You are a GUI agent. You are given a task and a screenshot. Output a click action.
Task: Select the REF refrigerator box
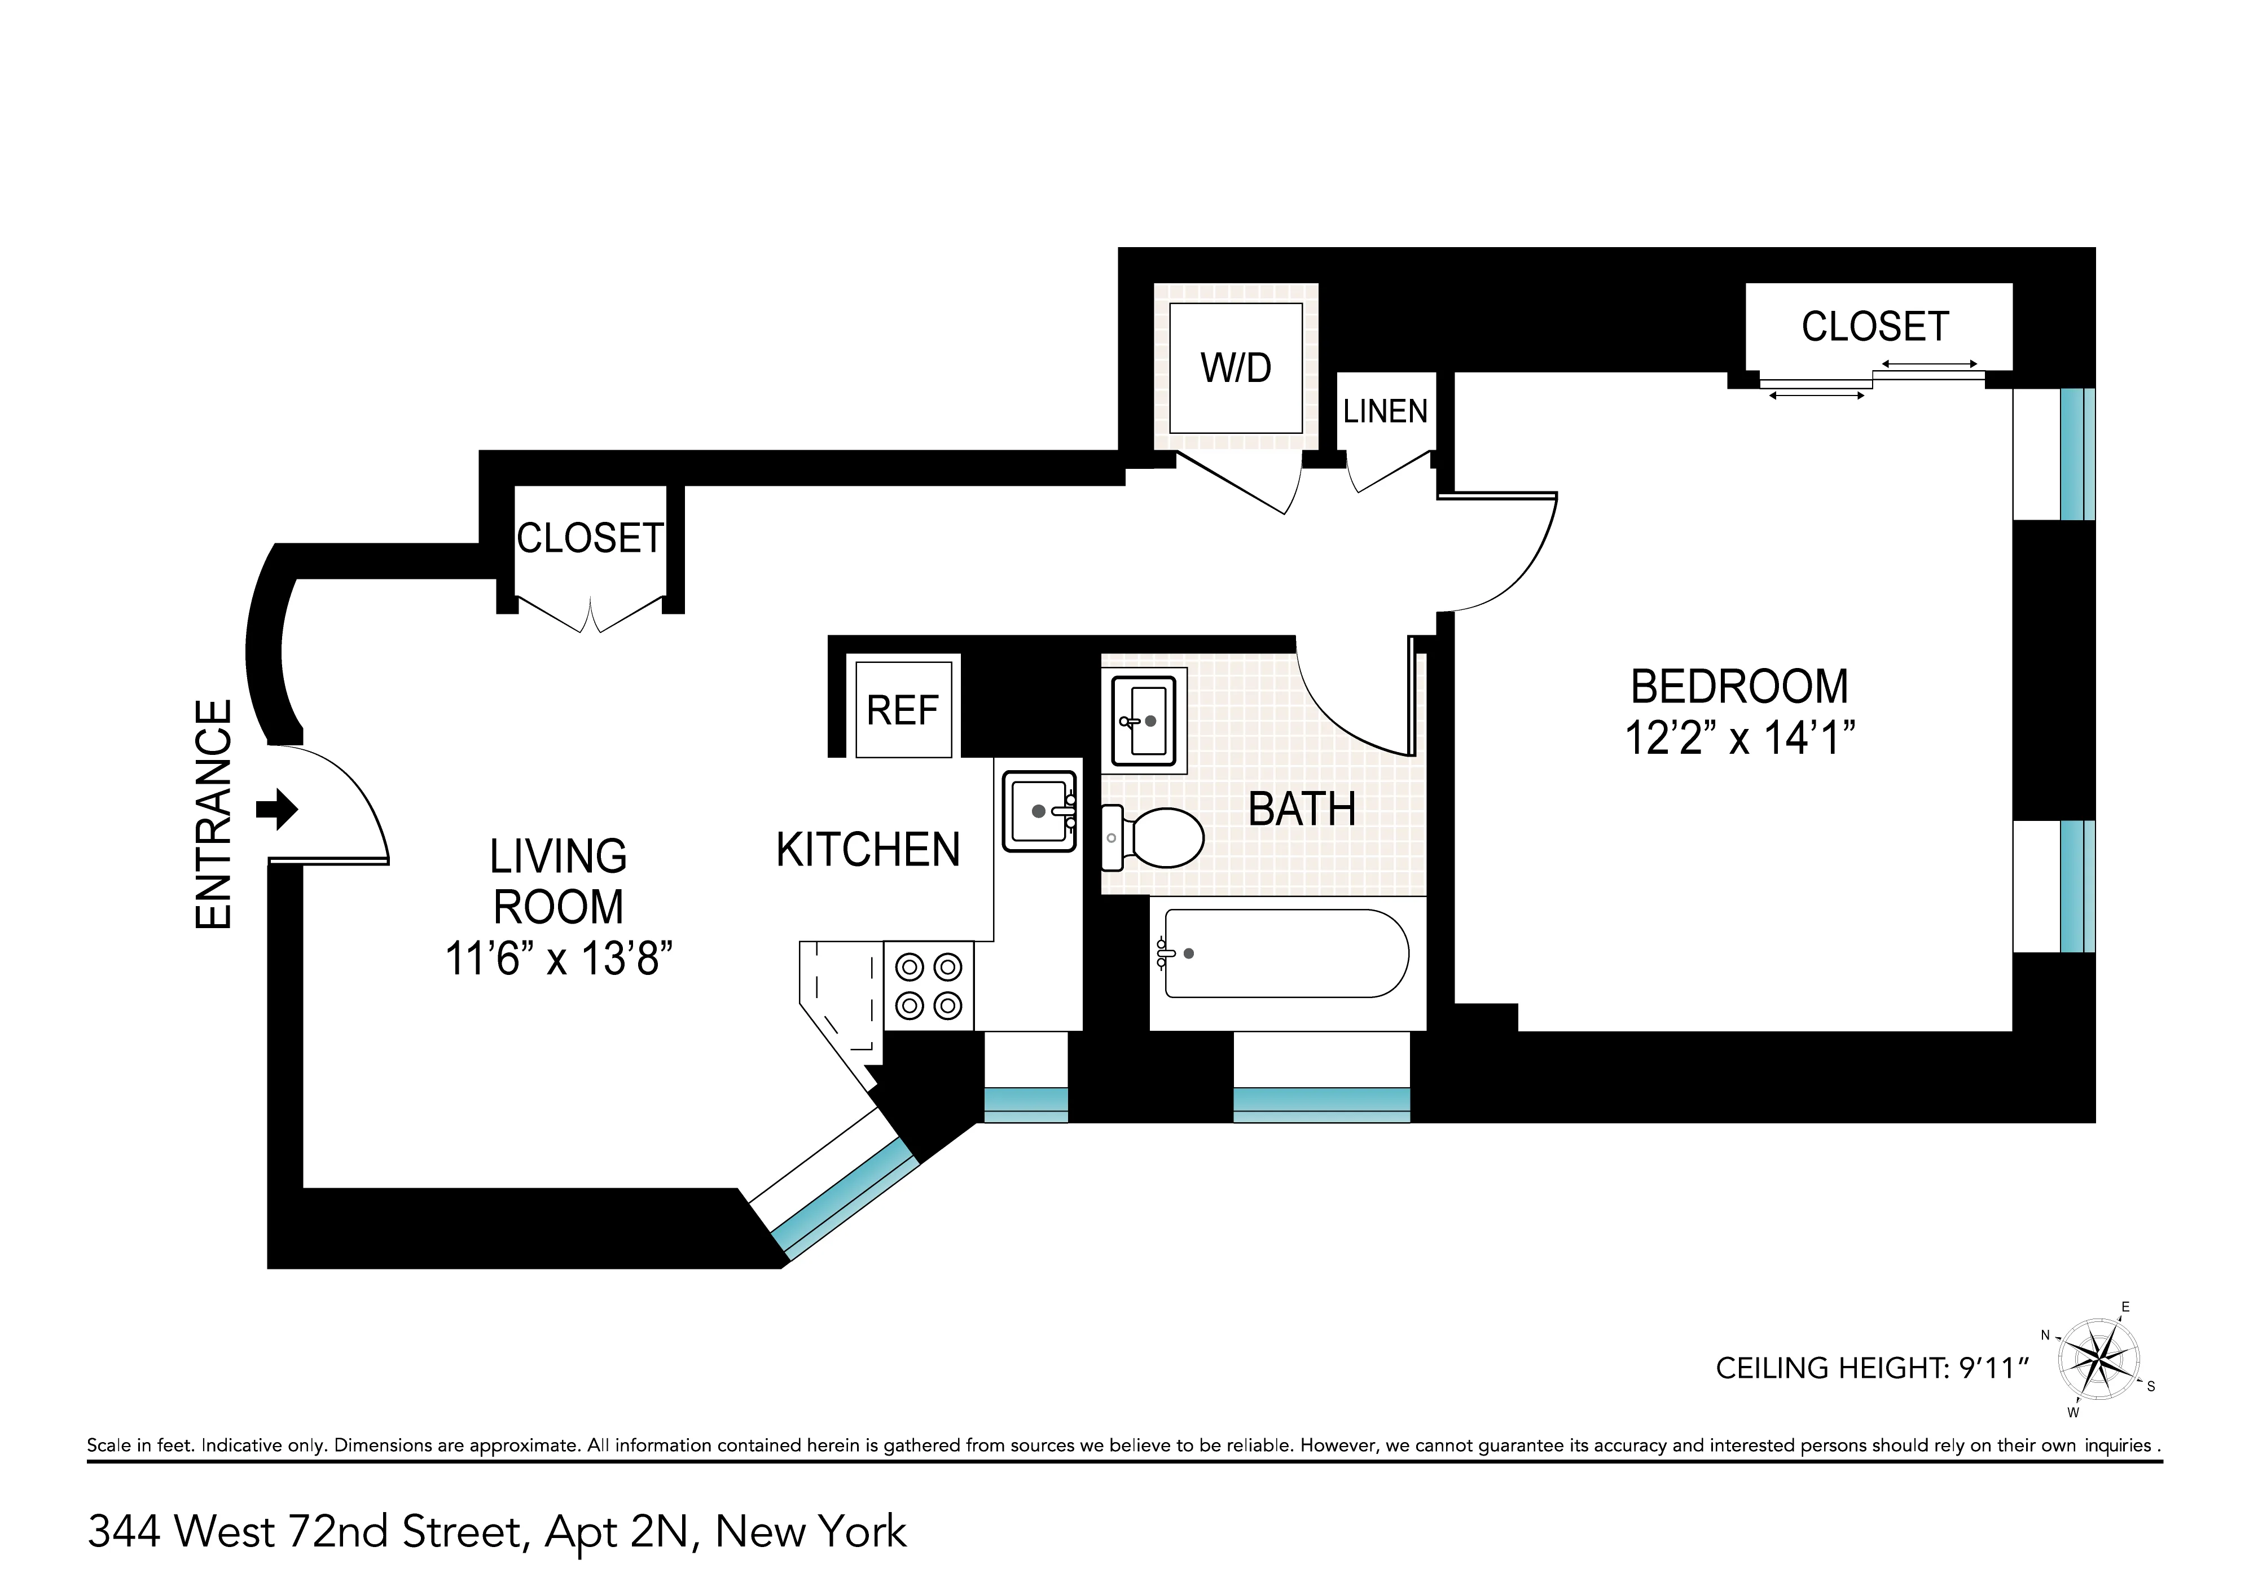click(903, 710)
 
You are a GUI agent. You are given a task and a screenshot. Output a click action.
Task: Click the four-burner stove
click(928, 986)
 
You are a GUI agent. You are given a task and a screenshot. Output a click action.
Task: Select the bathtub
click(1286, 953)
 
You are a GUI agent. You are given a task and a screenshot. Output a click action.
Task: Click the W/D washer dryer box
click(1235, 368)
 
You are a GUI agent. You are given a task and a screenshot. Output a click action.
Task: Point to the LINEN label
click(1385, 411)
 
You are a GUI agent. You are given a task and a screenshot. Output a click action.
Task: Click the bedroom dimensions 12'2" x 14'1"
click(1739, 737)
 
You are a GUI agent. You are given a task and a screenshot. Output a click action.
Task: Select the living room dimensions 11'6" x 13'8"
click(559, 958)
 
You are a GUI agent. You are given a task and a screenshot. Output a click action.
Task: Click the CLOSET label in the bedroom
click(1874, 327)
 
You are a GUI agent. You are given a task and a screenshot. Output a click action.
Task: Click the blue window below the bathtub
click(1321, 1105)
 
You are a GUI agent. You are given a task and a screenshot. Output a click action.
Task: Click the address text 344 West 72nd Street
click(497, 1531)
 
